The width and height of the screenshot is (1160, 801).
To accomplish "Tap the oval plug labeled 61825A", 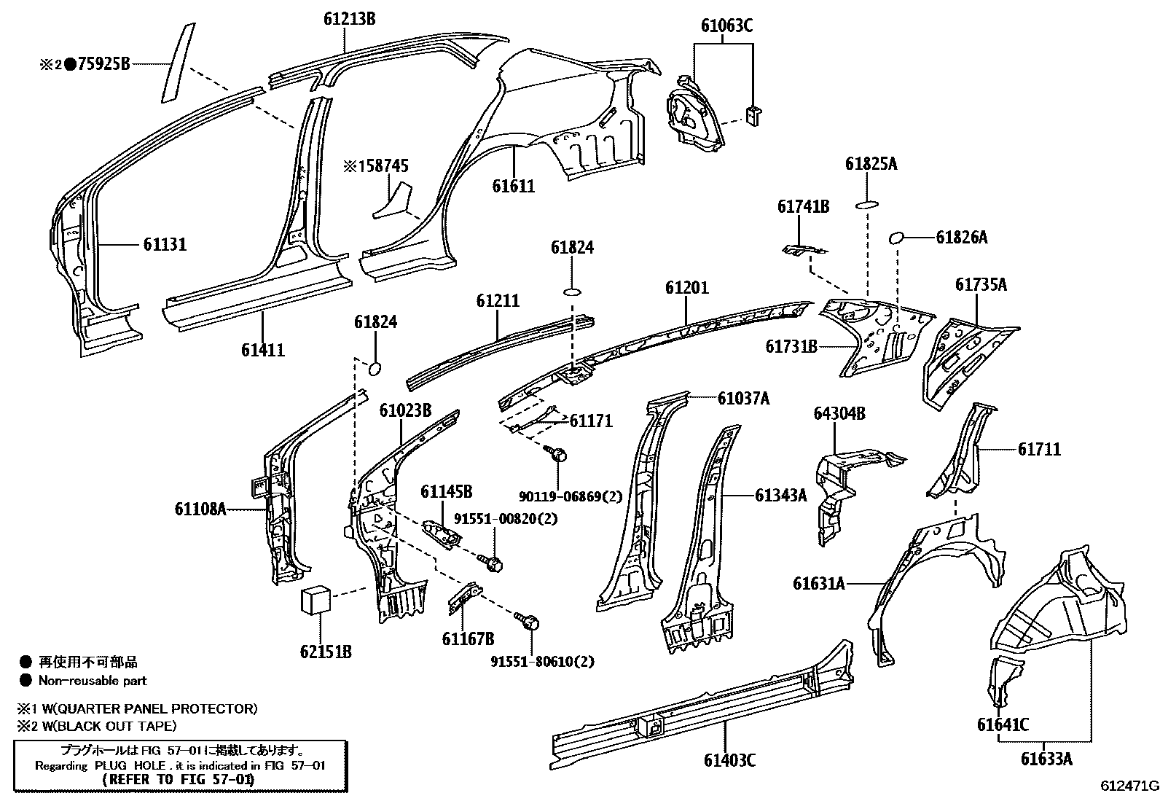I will click(866, 205).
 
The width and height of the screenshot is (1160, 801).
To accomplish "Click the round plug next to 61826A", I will click(897, 237).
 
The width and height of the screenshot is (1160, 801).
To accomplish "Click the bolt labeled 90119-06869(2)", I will click(558, 455).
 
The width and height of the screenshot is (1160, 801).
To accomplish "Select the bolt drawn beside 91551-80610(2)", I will click(530, 622).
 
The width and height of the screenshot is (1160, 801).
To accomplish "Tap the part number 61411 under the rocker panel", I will click(263, 350).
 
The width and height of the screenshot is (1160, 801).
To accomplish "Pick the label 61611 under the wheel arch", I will click(513, 186).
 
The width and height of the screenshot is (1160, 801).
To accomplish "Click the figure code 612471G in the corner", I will click(1129, 786).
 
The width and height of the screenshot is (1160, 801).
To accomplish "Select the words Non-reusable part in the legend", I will click(93, 681).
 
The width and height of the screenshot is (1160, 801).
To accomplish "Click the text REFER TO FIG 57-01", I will click(179, 780).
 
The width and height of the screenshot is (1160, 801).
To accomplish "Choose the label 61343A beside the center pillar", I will click(780, 496).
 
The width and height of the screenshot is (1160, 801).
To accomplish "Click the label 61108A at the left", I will click(200, 509).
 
